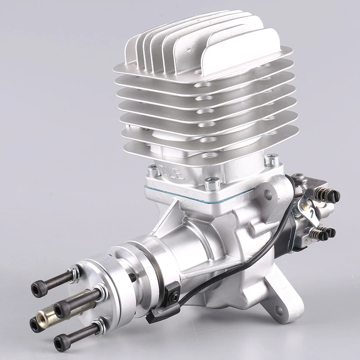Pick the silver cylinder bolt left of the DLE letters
[154, 171]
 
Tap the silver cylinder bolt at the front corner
[212, 184]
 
